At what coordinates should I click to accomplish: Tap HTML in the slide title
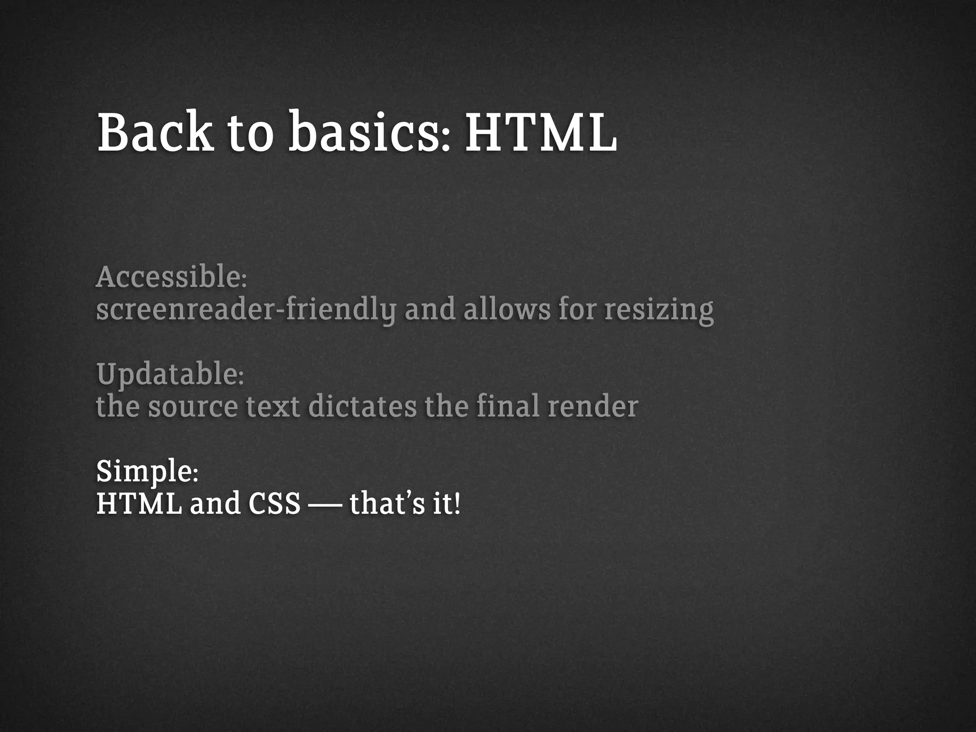coord(541,132)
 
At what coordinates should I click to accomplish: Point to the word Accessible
coord(169,277)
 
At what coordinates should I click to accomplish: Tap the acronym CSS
coord(274,504)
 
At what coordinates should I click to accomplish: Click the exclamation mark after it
coord(457,504)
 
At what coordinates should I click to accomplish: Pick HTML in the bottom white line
coord(139,504)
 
